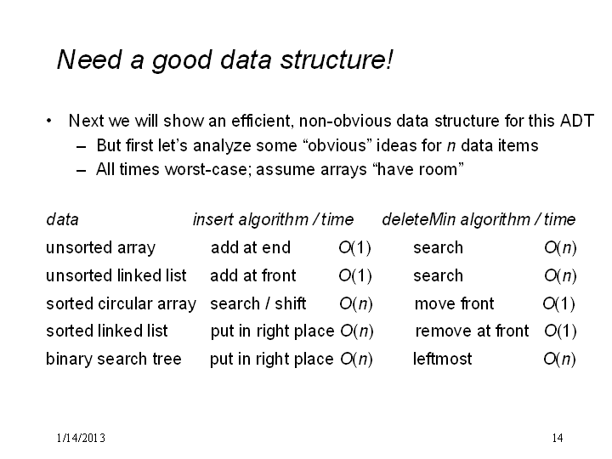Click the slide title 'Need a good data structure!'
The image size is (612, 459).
224,60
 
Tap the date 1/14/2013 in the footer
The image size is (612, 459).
81,438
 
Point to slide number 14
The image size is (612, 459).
558,438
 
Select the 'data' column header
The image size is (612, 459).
62,219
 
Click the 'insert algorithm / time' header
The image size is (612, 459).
273,219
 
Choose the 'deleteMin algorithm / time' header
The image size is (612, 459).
479,219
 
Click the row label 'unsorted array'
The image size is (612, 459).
100,248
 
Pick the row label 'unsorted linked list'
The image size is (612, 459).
116,275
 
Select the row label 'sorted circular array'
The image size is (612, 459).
121,303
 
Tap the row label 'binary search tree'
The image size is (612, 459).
114,359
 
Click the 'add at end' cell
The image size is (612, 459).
251,248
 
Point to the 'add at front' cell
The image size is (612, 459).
253,275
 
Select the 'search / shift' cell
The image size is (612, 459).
258,303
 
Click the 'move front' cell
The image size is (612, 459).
454,303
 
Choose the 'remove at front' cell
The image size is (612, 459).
472,331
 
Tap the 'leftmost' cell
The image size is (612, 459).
442,359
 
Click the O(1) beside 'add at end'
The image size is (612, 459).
354,248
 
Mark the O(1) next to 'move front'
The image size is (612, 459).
559,303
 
